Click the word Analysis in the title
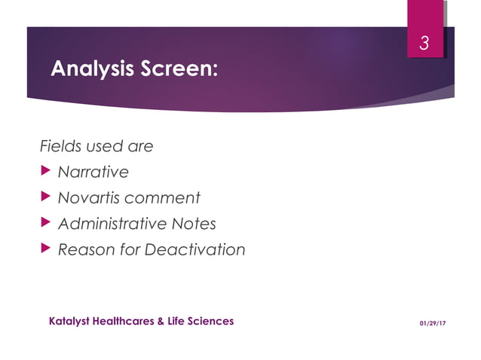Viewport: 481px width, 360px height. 93,69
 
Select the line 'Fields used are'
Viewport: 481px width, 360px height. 96,146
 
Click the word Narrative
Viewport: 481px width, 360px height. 93,172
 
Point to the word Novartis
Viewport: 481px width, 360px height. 89,198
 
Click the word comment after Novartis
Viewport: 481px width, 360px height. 162,198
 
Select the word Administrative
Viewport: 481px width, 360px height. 110,224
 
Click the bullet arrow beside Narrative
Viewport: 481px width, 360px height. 46,172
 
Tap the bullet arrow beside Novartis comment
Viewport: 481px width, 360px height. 46,197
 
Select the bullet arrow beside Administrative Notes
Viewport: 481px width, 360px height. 46,223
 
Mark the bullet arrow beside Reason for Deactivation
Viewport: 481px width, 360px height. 46,249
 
